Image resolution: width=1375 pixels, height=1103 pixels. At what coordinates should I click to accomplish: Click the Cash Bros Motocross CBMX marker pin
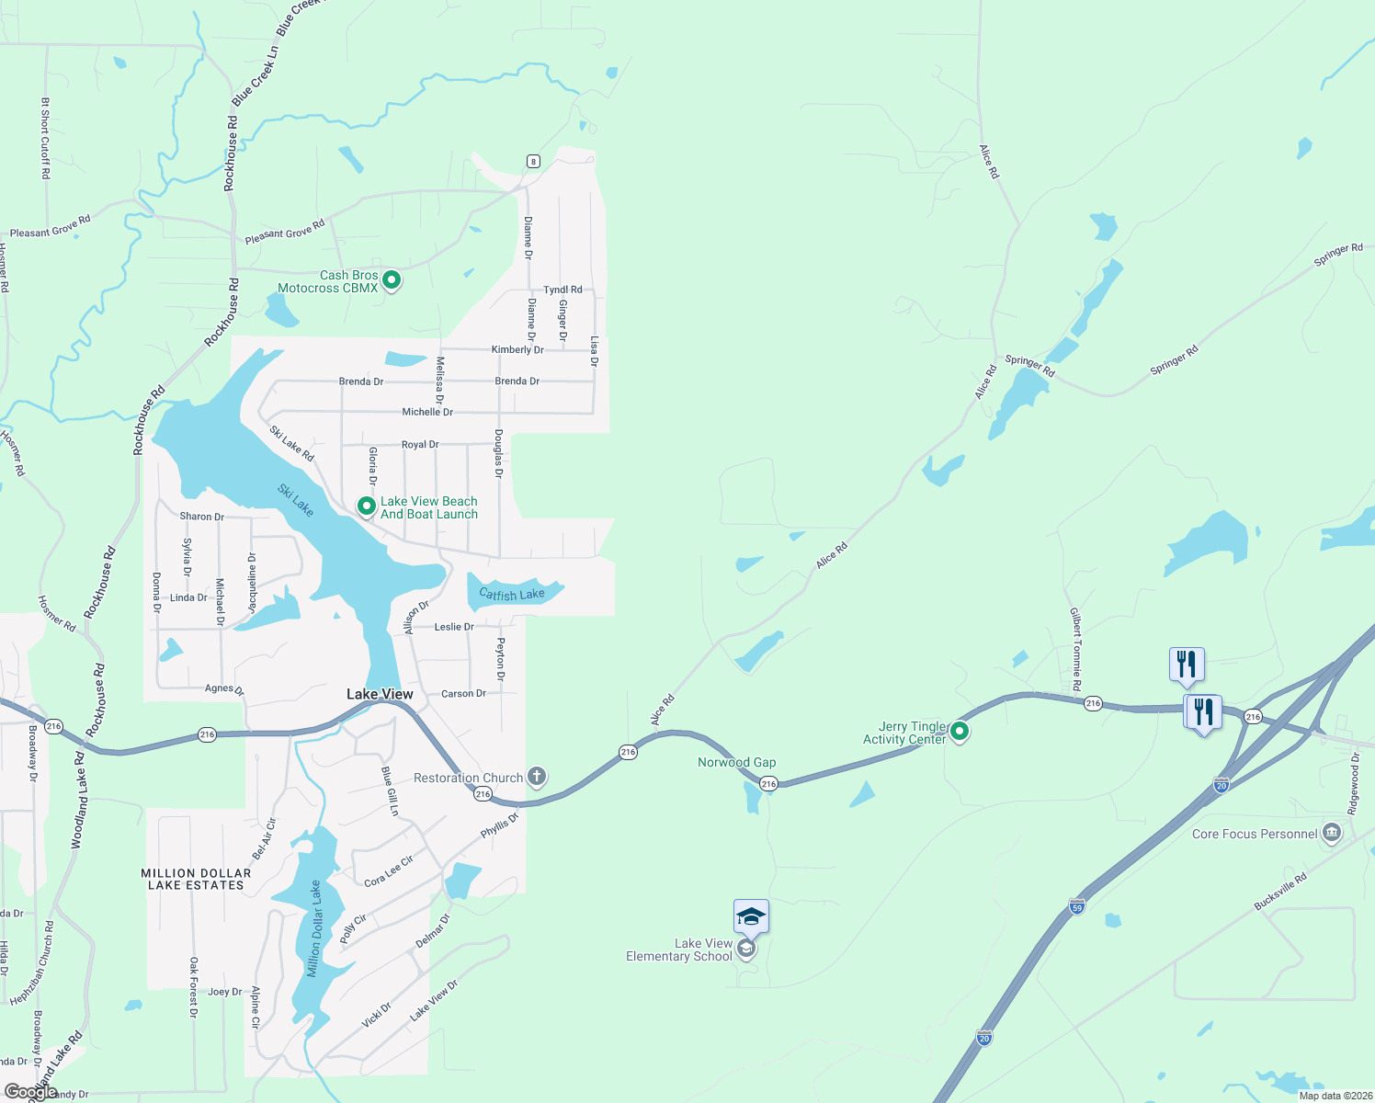(392, 280)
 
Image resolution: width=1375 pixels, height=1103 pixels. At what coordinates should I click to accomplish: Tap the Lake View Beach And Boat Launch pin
(366, 506)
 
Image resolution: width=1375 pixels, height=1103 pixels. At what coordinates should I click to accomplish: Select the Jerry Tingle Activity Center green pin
(960, 732)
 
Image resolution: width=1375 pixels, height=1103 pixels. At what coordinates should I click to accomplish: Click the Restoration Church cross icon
(537, 778)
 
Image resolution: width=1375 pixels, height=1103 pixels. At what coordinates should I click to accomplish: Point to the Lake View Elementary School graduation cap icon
(751, 916)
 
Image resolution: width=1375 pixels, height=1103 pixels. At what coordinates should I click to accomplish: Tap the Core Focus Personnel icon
(1332, 834)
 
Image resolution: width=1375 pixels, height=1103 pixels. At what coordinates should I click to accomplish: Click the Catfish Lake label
(512, 595)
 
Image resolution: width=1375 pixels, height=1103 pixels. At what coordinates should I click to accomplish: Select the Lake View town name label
(380, 694)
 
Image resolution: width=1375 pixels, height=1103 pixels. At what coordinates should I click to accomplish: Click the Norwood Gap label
(736, 762)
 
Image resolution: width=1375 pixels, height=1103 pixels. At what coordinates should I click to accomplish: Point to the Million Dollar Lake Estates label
(196, 880)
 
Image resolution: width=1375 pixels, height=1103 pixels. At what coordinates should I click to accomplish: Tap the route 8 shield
(533, 162)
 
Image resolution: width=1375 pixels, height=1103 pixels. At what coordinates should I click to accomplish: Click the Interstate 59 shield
(1077, 906)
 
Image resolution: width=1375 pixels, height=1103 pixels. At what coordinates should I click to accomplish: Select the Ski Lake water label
(296, 501)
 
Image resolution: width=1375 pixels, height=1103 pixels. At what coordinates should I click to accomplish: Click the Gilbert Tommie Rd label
(1075, 649)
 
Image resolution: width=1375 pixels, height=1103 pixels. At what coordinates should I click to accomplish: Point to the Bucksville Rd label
(1280, 893)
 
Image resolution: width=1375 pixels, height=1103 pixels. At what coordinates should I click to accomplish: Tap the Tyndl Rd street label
(562, 290)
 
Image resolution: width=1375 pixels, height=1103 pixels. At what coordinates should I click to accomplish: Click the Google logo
(30, 1091)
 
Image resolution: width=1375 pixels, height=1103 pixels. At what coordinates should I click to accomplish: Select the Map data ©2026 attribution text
(1335, 1096)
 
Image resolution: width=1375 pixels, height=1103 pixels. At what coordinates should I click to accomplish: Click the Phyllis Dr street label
(500, 824)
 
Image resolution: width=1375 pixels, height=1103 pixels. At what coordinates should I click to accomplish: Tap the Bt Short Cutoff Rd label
(45, 138)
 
